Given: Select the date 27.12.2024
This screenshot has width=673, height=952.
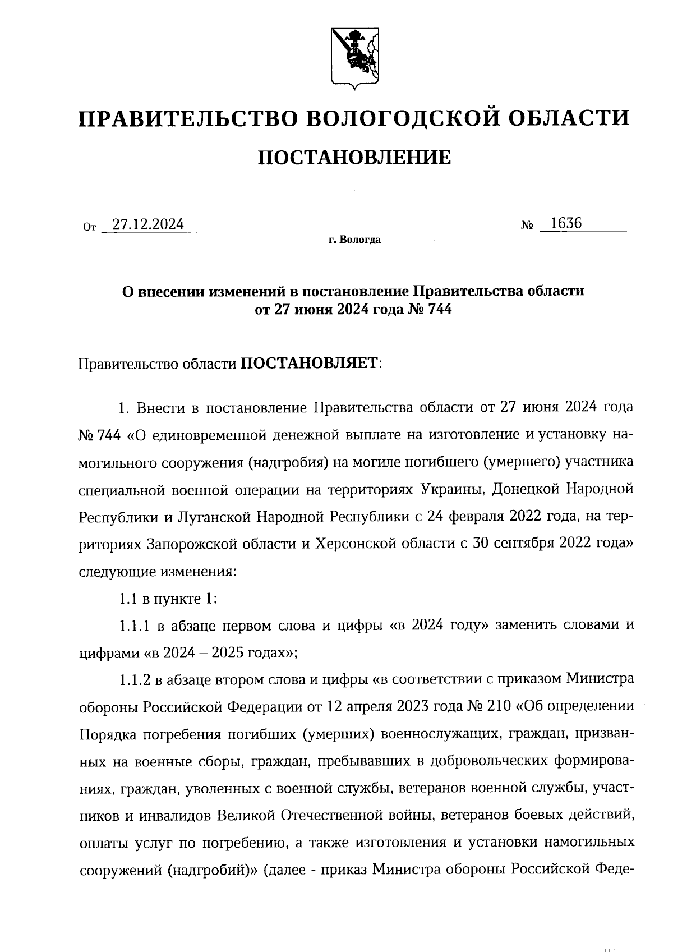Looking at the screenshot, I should (148, 225).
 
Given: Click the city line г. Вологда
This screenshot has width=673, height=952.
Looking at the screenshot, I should (354, 240).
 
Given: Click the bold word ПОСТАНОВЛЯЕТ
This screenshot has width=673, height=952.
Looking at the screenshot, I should (310, 364).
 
